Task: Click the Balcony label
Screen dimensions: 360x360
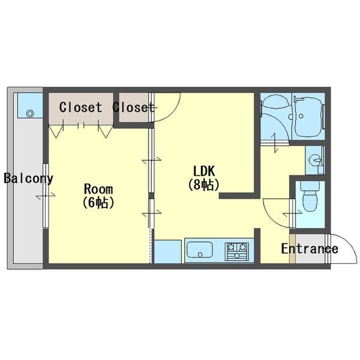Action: tap(28, 178)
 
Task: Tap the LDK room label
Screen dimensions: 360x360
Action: tap(204, 171)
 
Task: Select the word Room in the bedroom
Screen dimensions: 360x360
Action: tap(98, 189)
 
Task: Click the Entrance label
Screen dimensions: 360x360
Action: tap(310, 248)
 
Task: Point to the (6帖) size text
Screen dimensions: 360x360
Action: tap(98, 203)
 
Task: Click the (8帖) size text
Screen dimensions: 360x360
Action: tap(203, 185)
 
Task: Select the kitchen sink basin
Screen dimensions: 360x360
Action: tap(200, 250)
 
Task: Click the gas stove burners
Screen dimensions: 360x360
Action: tap(237, 251)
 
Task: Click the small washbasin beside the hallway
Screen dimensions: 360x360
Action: tap(316, 160)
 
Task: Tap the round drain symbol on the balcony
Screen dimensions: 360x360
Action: tap(30, 113)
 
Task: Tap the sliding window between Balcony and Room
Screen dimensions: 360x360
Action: tap(46, 196)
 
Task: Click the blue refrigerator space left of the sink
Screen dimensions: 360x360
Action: tap(168, 251)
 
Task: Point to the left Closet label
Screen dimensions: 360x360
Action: tap(80, 107)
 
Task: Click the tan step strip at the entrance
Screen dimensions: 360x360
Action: tap(292, 248)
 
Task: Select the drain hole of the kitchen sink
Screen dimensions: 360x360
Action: tap(200, 254)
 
